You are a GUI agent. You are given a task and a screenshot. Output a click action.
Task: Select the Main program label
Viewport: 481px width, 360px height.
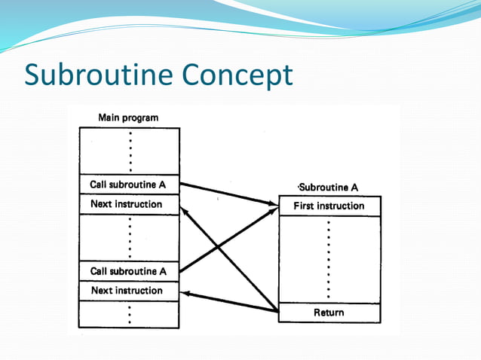click(x=128, y=117)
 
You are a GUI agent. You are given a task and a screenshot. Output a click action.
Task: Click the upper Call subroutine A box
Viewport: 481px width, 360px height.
click(x=129, y=185)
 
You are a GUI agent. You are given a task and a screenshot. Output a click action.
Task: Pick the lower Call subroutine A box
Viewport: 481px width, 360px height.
click(x=129, y=271)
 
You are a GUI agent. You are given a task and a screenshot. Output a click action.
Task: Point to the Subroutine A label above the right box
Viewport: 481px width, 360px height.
click(x=328, y=188)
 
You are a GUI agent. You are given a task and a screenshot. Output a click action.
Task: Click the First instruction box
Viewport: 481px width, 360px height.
click(x=329, y=206)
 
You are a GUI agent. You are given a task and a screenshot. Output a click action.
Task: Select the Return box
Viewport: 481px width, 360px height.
click(x=329, y=313)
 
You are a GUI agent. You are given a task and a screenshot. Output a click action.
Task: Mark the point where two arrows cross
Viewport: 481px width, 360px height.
click(x=219, y=246)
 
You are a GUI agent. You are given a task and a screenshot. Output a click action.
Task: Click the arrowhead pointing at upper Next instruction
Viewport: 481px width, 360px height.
click(x=185, y=212)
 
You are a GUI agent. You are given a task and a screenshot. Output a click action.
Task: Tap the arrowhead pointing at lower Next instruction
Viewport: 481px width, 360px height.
click(x=185, y=294)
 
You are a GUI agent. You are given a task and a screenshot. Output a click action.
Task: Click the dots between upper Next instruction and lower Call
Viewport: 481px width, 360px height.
click(x=130, y=238)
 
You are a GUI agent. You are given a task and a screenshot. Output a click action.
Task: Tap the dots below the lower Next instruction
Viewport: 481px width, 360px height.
click(x=130, y=314)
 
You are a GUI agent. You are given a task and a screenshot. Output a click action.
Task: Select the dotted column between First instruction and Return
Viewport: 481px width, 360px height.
click(x=329, y=260)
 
